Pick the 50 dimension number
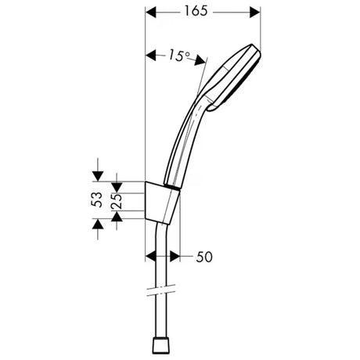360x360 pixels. tap(206, 256)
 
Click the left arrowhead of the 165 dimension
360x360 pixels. tap(152, 13)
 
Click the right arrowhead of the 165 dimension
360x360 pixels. tap(254, 13)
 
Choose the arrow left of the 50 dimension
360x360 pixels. tap(153, 255)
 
